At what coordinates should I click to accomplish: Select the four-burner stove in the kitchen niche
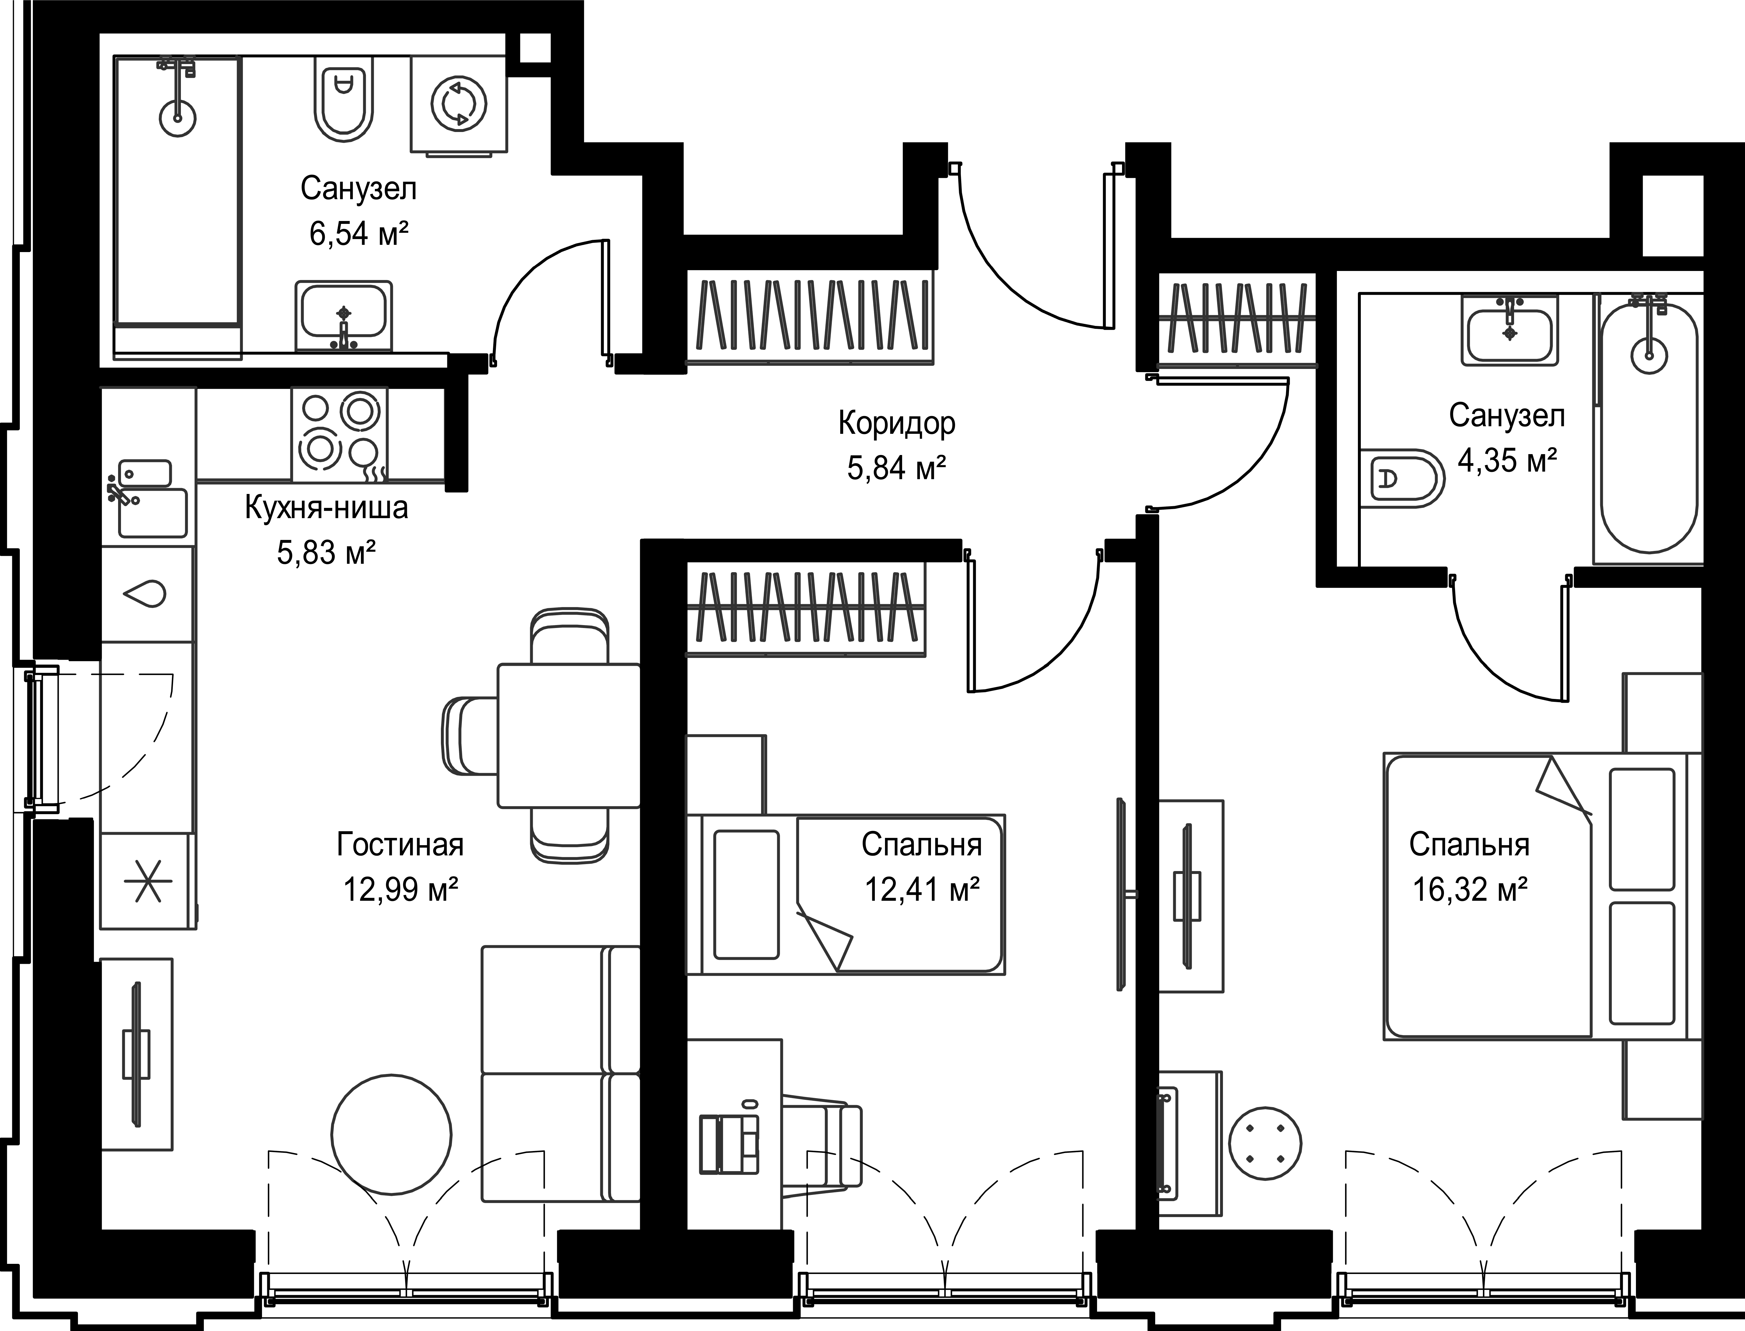pos(339,434)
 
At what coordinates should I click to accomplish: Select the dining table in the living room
pos(568,735)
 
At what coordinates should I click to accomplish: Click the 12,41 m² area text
pos(922,890)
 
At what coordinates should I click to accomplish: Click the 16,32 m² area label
pos(1470,890)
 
